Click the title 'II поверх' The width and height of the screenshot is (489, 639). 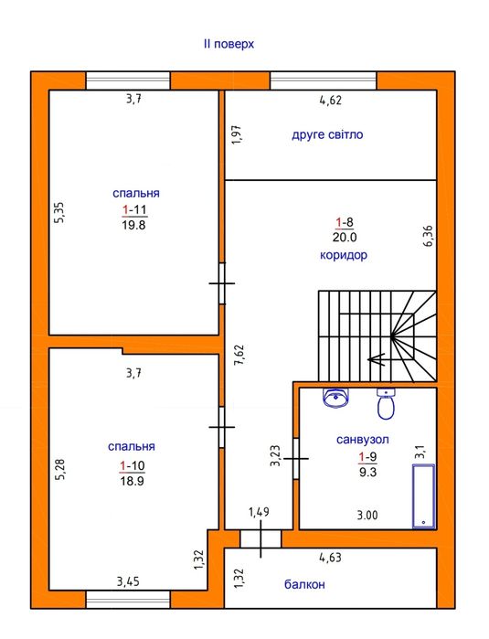pos(229,44)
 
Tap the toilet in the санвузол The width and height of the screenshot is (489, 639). pos(386,403)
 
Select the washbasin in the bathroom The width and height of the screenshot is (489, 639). pos(336,398)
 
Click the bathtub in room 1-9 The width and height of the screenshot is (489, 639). pos(424,496)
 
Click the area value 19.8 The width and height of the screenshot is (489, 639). pos(133,225)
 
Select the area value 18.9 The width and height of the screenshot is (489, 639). pos(132,481)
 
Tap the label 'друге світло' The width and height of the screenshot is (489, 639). pos(327,134)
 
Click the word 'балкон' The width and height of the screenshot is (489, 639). pos(304,584)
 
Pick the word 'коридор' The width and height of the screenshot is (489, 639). pos(344,256)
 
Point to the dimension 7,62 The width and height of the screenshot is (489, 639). pos(239,355)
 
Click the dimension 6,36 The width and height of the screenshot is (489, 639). pos(429,236)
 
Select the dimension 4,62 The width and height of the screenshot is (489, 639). pos(331,101)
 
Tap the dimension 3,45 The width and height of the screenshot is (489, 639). pos(128,581)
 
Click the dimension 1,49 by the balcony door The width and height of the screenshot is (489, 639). pos(260,512)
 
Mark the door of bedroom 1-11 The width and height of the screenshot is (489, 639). pos(222,283)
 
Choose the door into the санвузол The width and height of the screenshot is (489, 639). pos(296,459)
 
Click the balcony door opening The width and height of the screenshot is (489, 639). pos(260,538)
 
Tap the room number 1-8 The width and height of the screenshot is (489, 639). pos(345,222)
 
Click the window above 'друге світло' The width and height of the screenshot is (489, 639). pos(324,80)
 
